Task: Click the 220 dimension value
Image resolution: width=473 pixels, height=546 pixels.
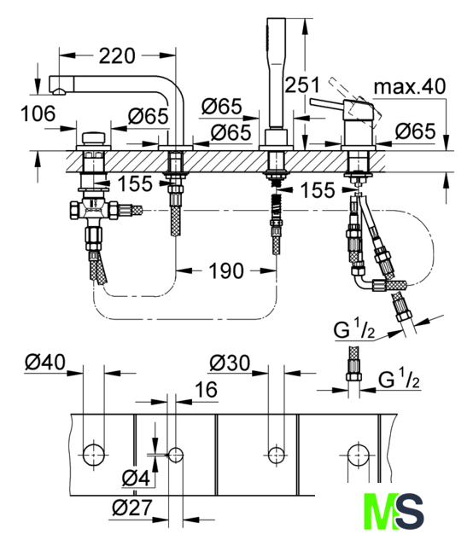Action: click(x=117, y=55)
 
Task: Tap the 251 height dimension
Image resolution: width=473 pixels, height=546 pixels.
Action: click(x=302, y=85)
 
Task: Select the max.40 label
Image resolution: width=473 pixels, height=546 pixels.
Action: click(x=410, y=86)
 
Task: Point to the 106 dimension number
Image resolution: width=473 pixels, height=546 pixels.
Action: click(x=38, y=113)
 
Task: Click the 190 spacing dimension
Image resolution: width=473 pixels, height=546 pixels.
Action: click(x=226, y=270)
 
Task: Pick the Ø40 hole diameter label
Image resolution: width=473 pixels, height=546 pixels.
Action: click(x=45, y=362)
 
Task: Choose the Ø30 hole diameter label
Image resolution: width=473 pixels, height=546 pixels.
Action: click(x=230, y=363)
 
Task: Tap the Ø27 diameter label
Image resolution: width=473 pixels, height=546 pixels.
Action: click(x=132, y=508)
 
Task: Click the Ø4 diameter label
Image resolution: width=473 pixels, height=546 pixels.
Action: click(x=136, y=478)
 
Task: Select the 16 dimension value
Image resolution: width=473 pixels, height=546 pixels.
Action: click(x=206, y=389)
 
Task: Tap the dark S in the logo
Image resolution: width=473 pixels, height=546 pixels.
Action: click(x=410, y=511)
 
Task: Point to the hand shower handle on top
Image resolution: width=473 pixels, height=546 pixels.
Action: click(x=276, y=73)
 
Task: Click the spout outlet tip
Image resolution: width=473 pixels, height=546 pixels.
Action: click(x=59, y=92)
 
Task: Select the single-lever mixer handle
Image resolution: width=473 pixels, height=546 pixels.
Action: click(x=328, y=103)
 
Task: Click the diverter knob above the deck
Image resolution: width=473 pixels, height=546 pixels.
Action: click(x=93, y=138)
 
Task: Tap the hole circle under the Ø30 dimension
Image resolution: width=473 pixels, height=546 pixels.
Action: click(x=276, y=455)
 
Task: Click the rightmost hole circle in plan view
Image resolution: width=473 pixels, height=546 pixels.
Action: click(x=359, y=455)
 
